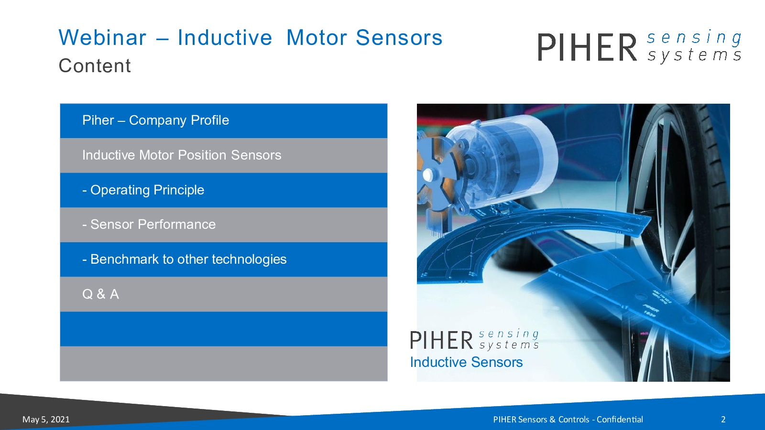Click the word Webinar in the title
[102, 38]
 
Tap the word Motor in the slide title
[317, 38]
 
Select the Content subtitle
[95, 65]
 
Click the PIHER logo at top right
[639, 47]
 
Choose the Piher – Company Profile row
[224, 121]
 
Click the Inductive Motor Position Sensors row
[224, 156]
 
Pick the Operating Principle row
[224, 190]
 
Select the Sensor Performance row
[224, 225]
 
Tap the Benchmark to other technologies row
[224, 259]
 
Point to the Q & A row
[224, 294]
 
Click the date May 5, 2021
[46, 419]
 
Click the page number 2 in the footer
[723, 419]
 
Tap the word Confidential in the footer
[620, 419]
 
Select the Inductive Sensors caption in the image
[466, 362]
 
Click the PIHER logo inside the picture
[474, 340]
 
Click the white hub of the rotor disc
[427, 175]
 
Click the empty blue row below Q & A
[224, 329]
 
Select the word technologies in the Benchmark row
[249, 259]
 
